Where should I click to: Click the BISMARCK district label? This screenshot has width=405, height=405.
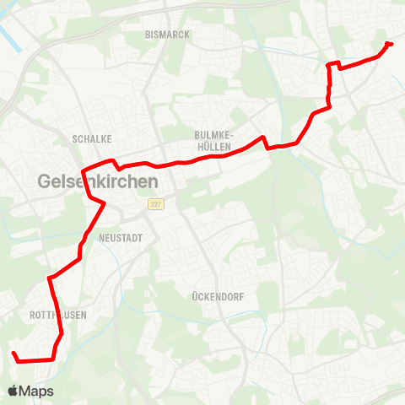point(167,35)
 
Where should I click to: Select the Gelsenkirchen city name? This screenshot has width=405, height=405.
point(98,181)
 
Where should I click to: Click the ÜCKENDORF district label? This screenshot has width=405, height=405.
point(206,295)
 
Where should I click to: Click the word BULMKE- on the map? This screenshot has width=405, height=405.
point(213,134)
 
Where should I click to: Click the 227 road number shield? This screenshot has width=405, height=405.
point(155,204)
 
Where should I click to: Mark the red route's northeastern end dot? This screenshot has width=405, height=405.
point(388,45)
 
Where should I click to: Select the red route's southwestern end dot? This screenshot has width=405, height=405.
point(14,354)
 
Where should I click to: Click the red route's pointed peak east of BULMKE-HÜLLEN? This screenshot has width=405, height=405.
point(263,138)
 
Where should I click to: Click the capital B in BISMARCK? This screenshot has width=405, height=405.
point(148,35)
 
